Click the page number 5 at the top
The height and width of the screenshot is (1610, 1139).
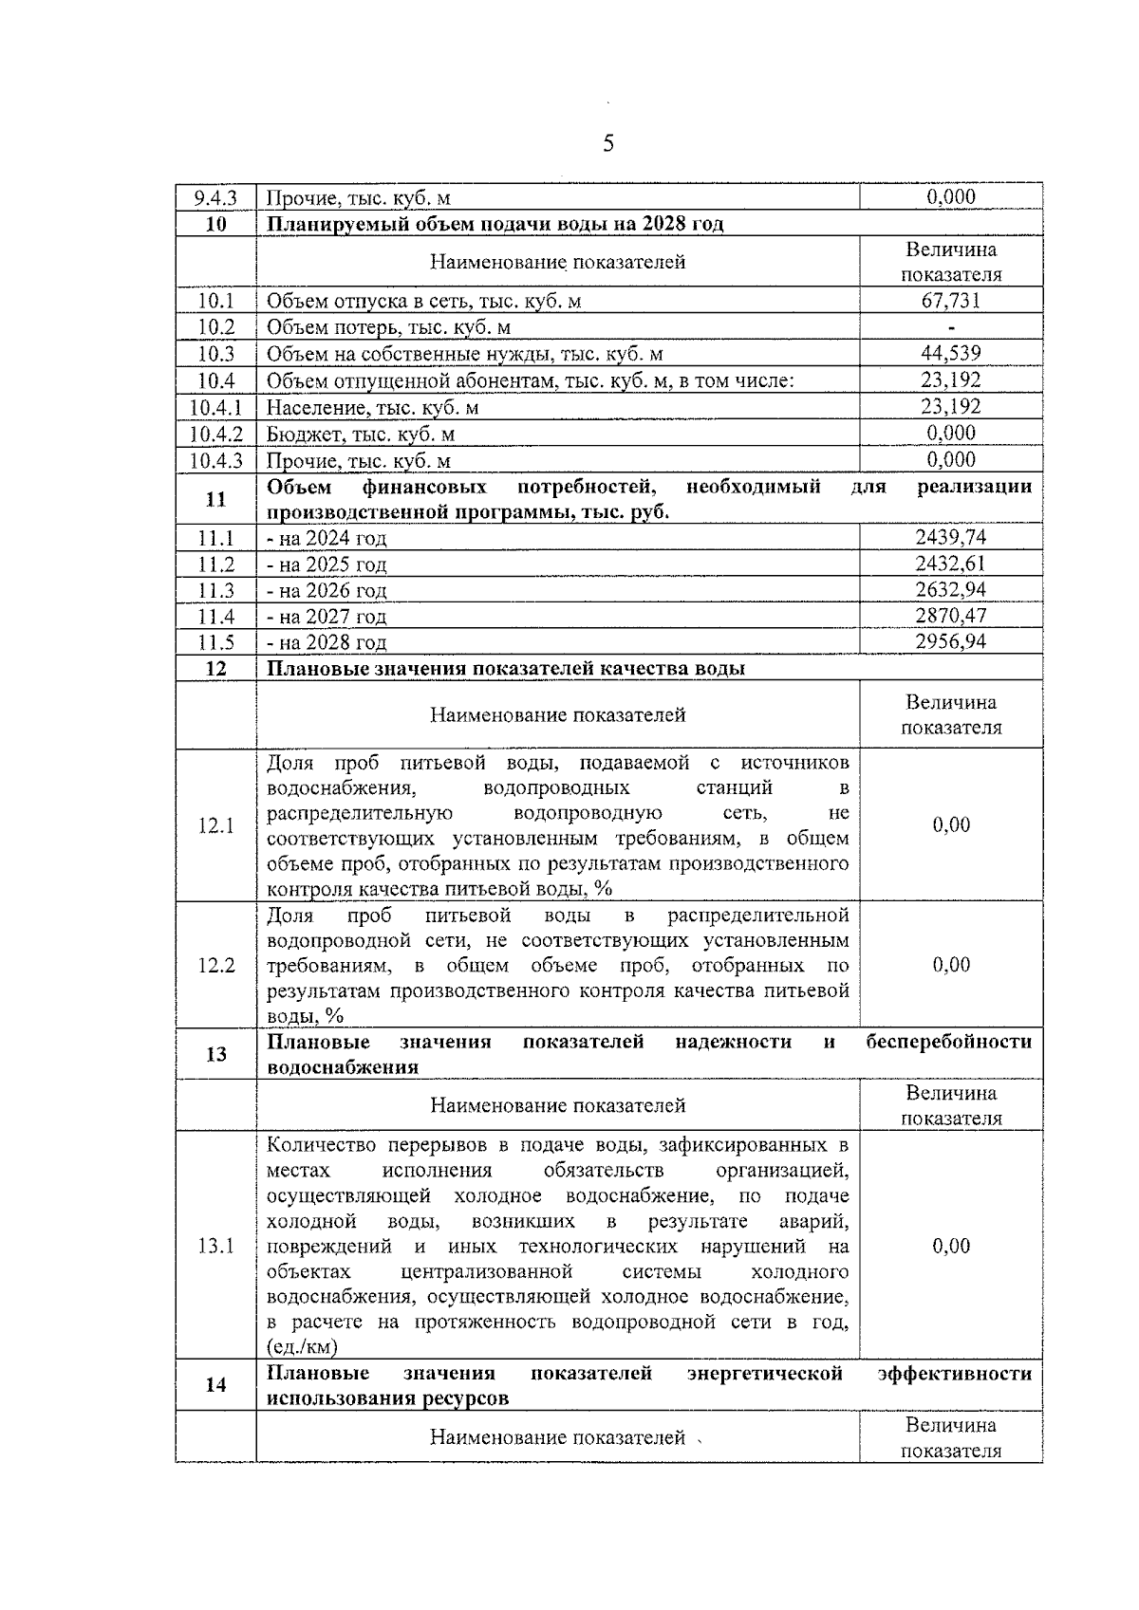(607, 143)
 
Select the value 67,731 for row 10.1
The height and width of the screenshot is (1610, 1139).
(950, 301)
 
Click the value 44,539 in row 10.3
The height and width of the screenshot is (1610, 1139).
(950, 354)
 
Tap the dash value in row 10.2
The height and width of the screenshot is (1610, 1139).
(950, 327)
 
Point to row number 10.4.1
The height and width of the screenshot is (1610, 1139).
(215, 407)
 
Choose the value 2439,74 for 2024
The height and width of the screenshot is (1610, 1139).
(950, 538)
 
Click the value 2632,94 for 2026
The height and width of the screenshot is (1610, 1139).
(950, 590)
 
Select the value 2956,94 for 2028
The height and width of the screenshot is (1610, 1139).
(950, 642)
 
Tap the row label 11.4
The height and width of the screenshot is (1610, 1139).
(215, 617)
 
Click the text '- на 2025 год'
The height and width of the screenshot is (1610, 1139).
(327, 564)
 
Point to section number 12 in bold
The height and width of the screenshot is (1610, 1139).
(215, 668)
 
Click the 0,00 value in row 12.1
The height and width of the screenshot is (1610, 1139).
(950, 825)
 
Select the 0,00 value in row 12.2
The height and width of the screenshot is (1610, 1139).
(950, 965)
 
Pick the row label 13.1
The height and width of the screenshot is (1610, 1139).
(215, 1246)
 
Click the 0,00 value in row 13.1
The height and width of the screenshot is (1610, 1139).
(950, 1246)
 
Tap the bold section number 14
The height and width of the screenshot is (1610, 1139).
(215, 1385)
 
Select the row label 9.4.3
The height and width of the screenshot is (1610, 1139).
(215, 197)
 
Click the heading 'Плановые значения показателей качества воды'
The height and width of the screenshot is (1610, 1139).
(505, 668)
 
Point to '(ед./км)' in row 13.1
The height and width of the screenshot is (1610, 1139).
(302, 1347)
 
